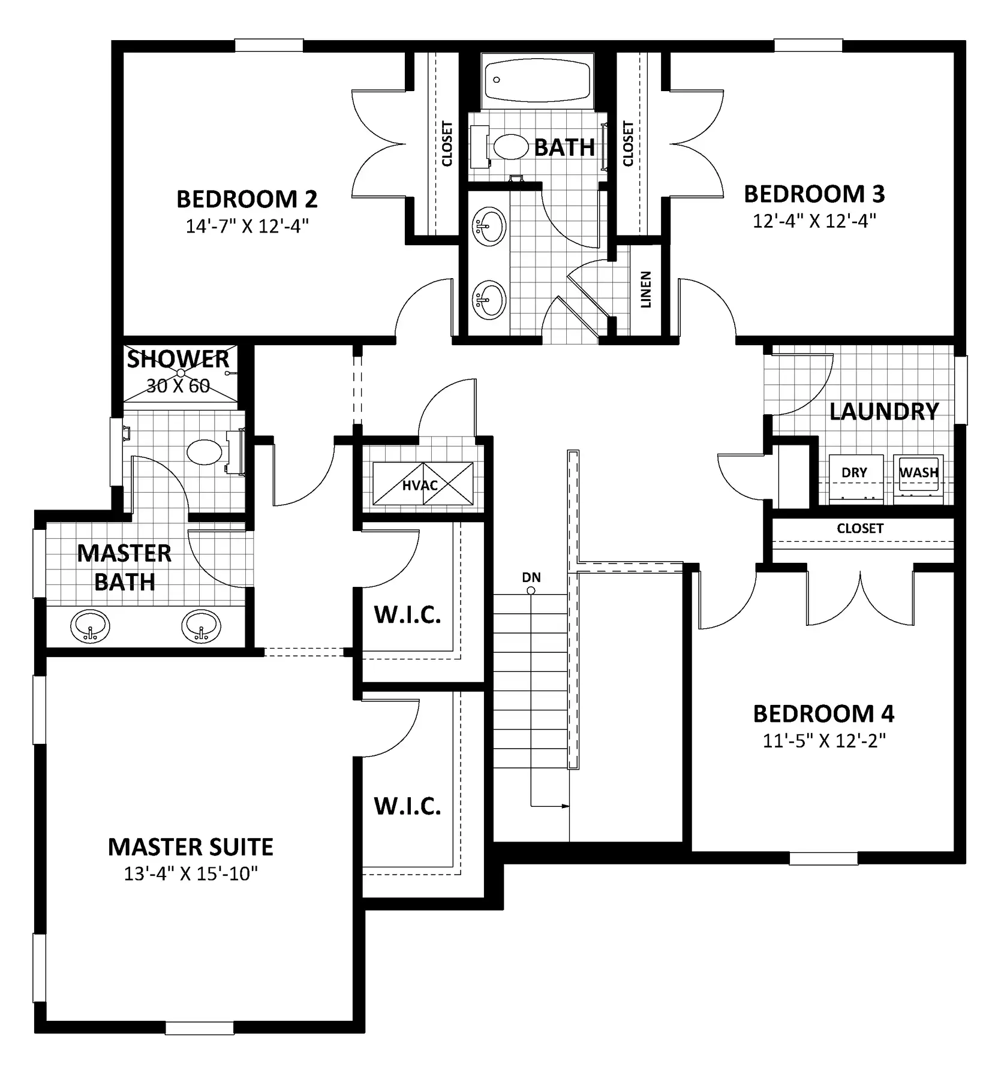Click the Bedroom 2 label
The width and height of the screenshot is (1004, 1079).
coord(247,199)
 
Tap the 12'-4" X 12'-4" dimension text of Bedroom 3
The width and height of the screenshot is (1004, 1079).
coord(814,221)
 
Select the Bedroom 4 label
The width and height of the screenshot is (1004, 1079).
coord(823,714)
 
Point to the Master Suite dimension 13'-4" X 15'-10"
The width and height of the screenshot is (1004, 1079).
coord(191,874)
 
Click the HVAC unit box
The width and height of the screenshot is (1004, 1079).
coord(422,484)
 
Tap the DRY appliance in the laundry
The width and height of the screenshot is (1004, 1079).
coord(856,477)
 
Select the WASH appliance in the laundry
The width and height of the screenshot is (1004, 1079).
coord(918,477)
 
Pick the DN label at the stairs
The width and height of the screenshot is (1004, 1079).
coord(531,577)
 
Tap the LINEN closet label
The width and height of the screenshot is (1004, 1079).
coord(646,290)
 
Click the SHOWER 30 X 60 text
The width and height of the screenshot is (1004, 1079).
coord(178,372)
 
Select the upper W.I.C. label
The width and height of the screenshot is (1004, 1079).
coord(408,615)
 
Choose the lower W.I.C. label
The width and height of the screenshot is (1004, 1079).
coord(408,806)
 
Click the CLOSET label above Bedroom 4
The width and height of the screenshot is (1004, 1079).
coord(860,528)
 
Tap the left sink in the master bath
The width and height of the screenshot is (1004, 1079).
coord(90,627)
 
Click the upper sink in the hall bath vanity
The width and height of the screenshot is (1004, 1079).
coord(489,227)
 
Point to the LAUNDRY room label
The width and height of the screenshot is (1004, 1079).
coord(884,412)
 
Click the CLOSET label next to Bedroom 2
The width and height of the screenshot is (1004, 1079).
coord(447,144)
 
